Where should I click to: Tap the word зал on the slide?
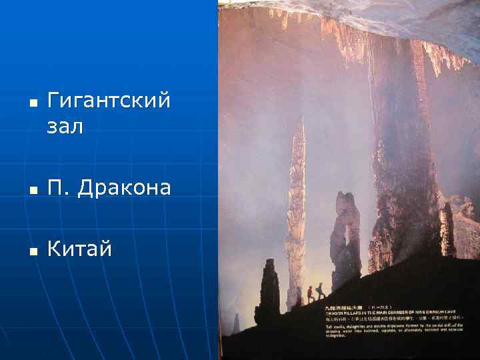point(65,126)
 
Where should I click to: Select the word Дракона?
point(124,188)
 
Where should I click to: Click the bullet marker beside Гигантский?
point(33,104)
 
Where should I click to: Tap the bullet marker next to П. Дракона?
point(33,190)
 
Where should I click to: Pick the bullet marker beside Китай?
point(33,251)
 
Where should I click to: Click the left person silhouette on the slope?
point(310,294)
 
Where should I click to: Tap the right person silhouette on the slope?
point(321,291)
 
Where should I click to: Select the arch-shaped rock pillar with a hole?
point(345,233)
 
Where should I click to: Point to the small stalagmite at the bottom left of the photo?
point(235,325)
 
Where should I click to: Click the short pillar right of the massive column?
point(447,230)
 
